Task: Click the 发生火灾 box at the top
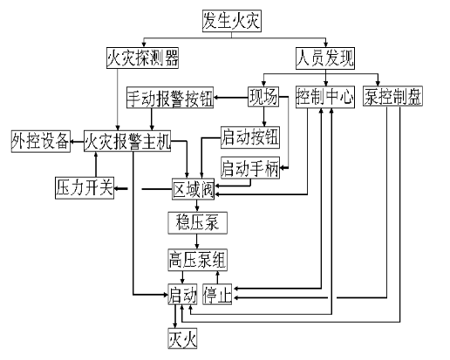click(x=231, y=18)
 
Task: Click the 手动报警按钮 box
click(x=169, y=97)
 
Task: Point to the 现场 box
click(x=262, y=97)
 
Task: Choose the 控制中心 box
click(x=324, y=97)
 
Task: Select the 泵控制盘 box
click(x=392, y=97)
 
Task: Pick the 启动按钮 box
click(x=250, y=137)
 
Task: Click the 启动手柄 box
click(x=249, y=168)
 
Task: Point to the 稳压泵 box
click(x=197, y=222)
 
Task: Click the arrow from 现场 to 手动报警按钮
click(x=229, y=97)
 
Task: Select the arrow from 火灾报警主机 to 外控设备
click(x=77, y=141)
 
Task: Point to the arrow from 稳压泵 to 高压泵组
click(x=197, y=241)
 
